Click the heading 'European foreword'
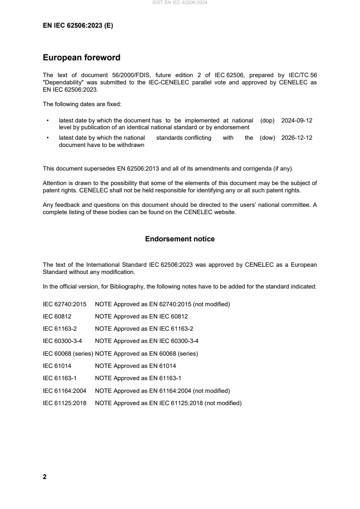81,58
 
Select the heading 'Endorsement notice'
180,239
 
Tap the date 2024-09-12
297,121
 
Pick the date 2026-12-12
297,138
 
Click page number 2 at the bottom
44,477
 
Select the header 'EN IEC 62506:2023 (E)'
78,26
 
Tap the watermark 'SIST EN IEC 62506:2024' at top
180,3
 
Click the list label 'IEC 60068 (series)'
68,353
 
